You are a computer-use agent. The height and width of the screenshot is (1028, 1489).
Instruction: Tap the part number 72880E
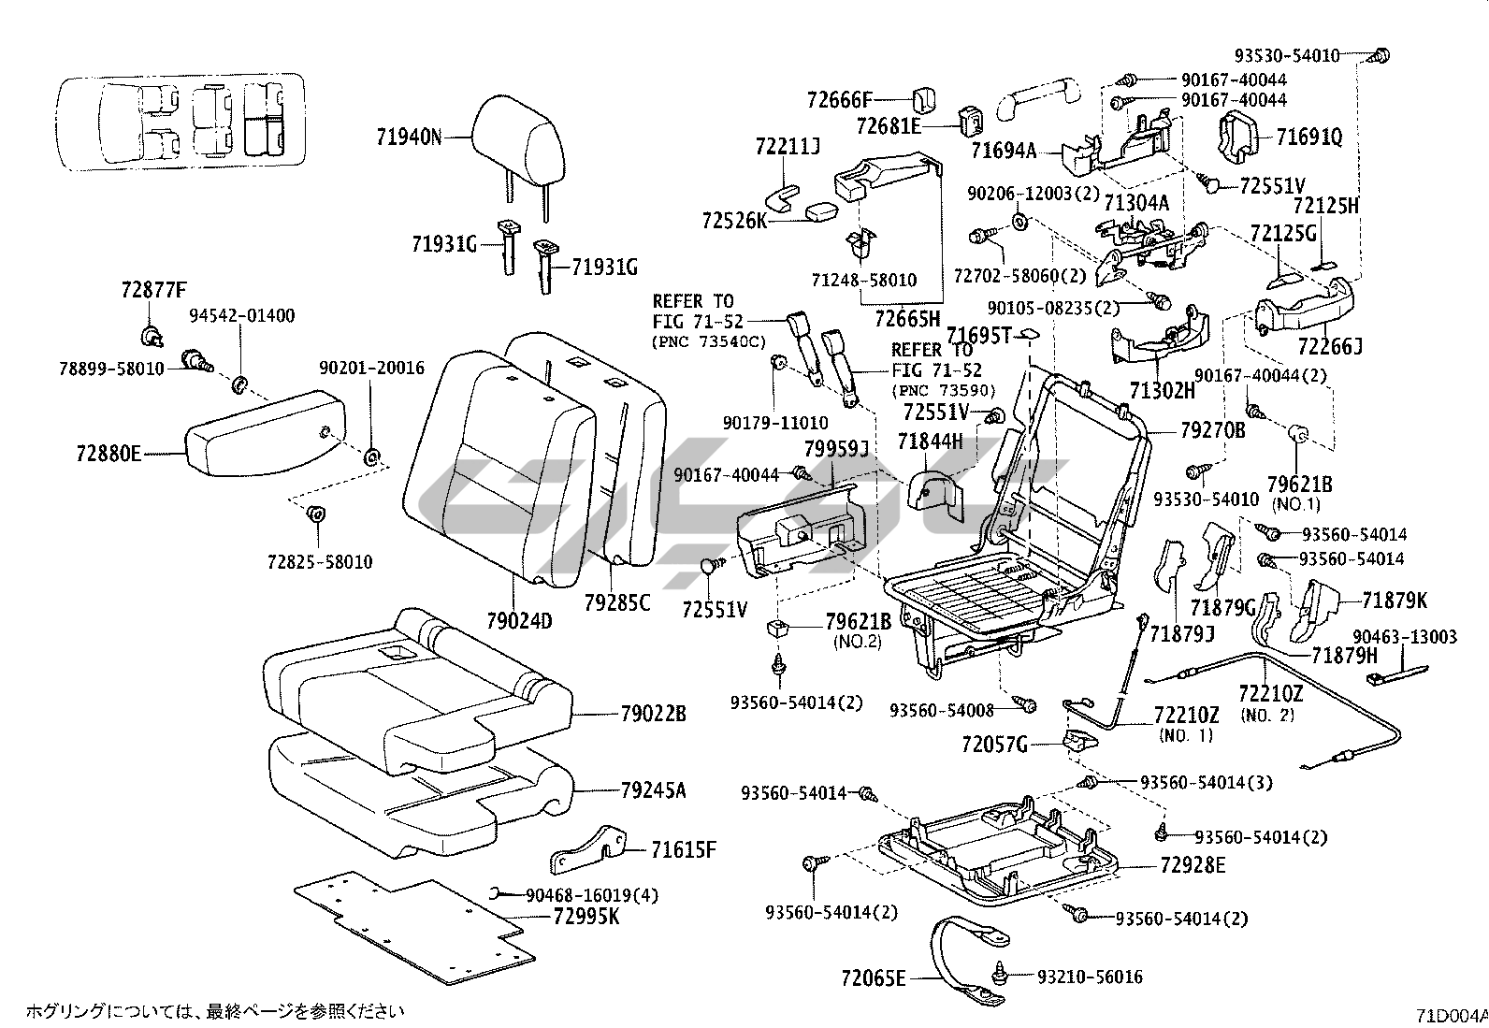[x=108, y=455]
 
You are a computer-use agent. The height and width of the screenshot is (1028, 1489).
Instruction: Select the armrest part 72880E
[x=262, y=436]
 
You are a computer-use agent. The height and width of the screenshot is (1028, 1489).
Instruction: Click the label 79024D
[x=519, y=619]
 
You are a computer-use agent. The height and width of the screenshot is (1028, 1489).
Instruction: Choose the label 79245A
[x=653, y=790]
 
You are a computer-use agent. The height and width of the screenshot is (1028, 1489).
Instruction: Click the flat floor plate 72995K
[x=412, y=921]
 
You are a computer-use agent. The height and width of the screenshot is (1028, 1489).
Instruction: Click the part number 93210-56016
[x=1090, y=977]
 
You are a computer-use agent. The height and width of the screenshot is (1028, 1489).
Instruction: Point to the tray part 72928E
[x=1001, y=847]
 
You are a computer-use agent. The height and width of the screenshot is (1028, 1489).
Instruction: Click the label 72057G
[x=994, y=745]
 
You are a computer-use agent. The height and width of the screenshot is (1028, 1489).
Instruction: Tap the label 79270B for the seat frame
[x=1212, y=430]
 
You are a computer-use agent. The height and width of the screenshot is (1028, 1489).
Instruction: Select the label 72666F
[x=839, y=98]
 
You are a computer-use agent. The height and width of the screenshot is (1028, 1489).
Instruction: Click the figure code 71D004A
[x=1451, y=1014]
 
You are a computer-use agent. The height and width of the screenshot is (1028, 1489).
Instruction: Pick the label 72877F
[x=154, y=290]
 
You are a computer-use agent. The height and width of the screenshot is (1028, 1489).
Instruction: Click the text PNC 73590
[x=944, y=390]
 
